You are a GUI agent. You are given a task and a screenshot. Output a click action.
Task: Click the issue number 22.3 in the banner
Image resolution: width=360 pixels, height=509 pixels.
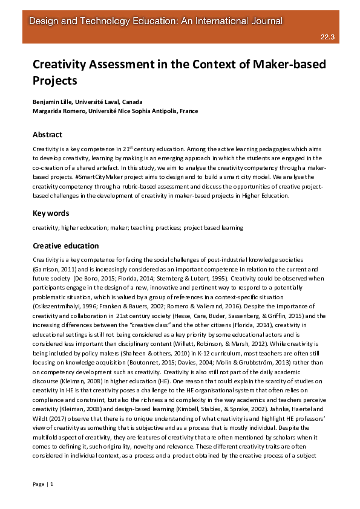tap(328, 37)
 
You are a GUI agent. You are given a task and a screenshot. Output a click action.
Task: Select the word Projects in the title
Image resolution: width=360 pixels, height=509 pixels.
tap(55, 79)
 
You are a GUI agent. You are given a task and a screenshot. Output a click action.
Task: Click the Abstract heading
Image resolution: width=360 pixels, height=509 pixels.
tap(47, 134)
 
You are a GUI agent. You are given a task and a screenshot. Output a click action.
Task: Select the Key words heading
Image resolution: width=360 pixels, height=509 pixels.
tap(51, 213)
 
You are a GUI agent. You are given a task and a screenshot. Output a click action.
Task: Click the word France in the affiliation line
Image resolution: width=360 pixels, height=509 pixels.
tap(187, 111)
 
